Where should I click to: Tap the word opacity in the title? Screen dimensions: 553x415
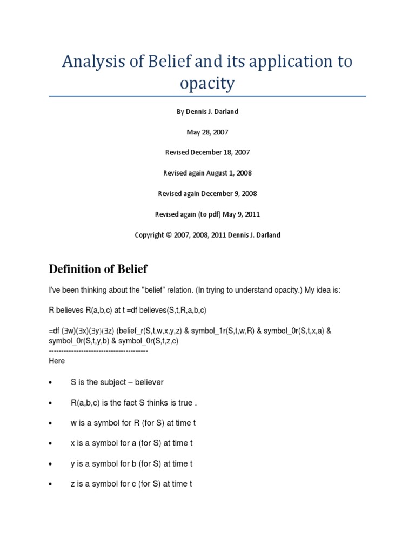click(x=207, y=83)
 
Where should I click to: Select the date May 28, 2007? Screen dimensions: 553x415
click(x=207, y=132)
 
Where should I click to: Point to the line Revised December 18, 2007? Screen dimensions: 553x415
click(x=207, y=152)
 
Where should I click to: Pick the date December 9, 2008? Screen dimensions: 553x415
click(x=231, y=193)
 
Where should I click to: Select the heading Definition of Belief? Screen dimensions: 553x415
click(x=98, y=269)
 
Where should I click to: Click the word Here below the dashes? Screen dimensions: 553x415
click(x=57, y=361)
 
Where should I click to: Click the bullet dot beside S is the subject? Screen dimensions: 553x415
click(x=50, y=382)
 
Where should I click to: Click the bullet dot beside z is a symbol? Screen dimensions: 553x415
click(x=50, y=484)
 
